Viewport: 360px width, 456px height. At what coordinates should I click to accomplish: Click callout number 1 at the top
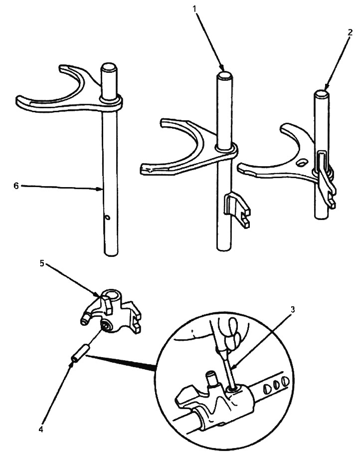click(194, 8)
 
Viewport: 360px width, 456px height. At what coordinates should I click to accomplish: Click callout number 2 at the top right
click(350, 32)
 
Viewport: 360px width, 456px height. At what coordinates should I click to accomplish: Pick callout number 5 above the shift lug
click(41, 263)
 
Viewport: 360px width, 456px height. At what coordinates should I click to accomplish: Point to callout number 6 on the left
click(16, 186)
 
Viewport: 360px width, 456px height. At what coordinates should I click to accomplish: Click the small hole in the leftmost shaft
click(108, 217)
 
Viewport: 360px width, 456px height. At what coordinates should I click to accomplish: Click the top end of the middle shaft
click(224, 75)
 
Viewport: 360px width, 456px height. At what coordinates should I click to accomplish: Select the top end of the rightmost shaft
click(322, 94)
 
